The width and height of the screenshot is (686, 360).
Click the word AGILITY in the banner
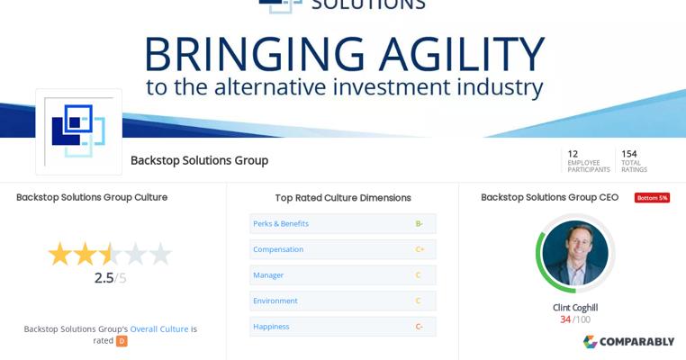pyautogui.click(x=462, y=54)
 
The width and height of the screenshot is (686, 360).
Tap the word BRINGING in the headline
pyautogui.click(x=255, y=54)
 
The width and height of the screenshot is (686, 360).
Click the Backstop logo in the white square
pyautogui.click(x=78, y=130)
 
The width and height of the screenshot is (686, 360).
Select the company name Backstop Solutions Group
pyautogui.click(x=199, y=160)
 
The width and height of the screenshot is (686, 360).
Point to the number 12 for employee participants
pyautogui.click(x=573, y=154)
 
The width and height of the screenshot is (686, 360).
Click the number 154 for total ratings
pyautogui.click(x=629, y=154)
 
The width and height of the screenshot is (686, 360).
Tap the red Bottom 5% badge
pyautogui.click(x=652, y=198)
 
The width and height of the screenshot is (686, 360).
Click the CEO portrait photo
pyautogui.click(x=575, y=253)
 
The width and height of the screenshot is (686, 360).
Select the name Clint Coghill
pyautogui.click(x=575, y=308)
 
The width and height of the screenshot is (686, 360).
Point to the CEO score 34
pyautogui.click(x=565, y=319)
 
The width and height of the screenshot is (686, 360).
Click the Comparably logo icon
pyautogui.click(x=591, y=342)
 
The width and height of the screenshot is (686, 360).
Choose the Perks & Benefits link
pyautogui.click(x=281, y=223)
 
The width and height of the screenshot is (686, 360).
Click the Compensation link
pyautogui.click(x=278, y=249)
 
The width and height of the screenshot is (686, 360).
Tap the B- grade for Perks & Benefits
pyautogui.click(x=420, y=223)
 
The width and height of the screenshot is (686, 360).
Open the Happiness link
pyautogui.click(x=271, y=327)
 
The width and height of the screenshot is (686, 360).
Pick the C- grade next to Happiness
pyautogui.click(x=420, y=327)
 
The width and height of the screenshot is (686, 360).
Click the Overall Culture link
pyautogui.click(x=159, y=328)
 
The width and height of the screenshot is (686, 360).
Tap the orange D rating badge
pyautogui.click(x=122, y=341)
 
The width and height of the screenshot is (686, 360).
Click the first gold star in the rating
pyautogui.click(x=60, y=254)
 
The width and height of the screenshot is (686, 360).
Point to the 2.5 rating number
pyautogui.click(x=104, y=278)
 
